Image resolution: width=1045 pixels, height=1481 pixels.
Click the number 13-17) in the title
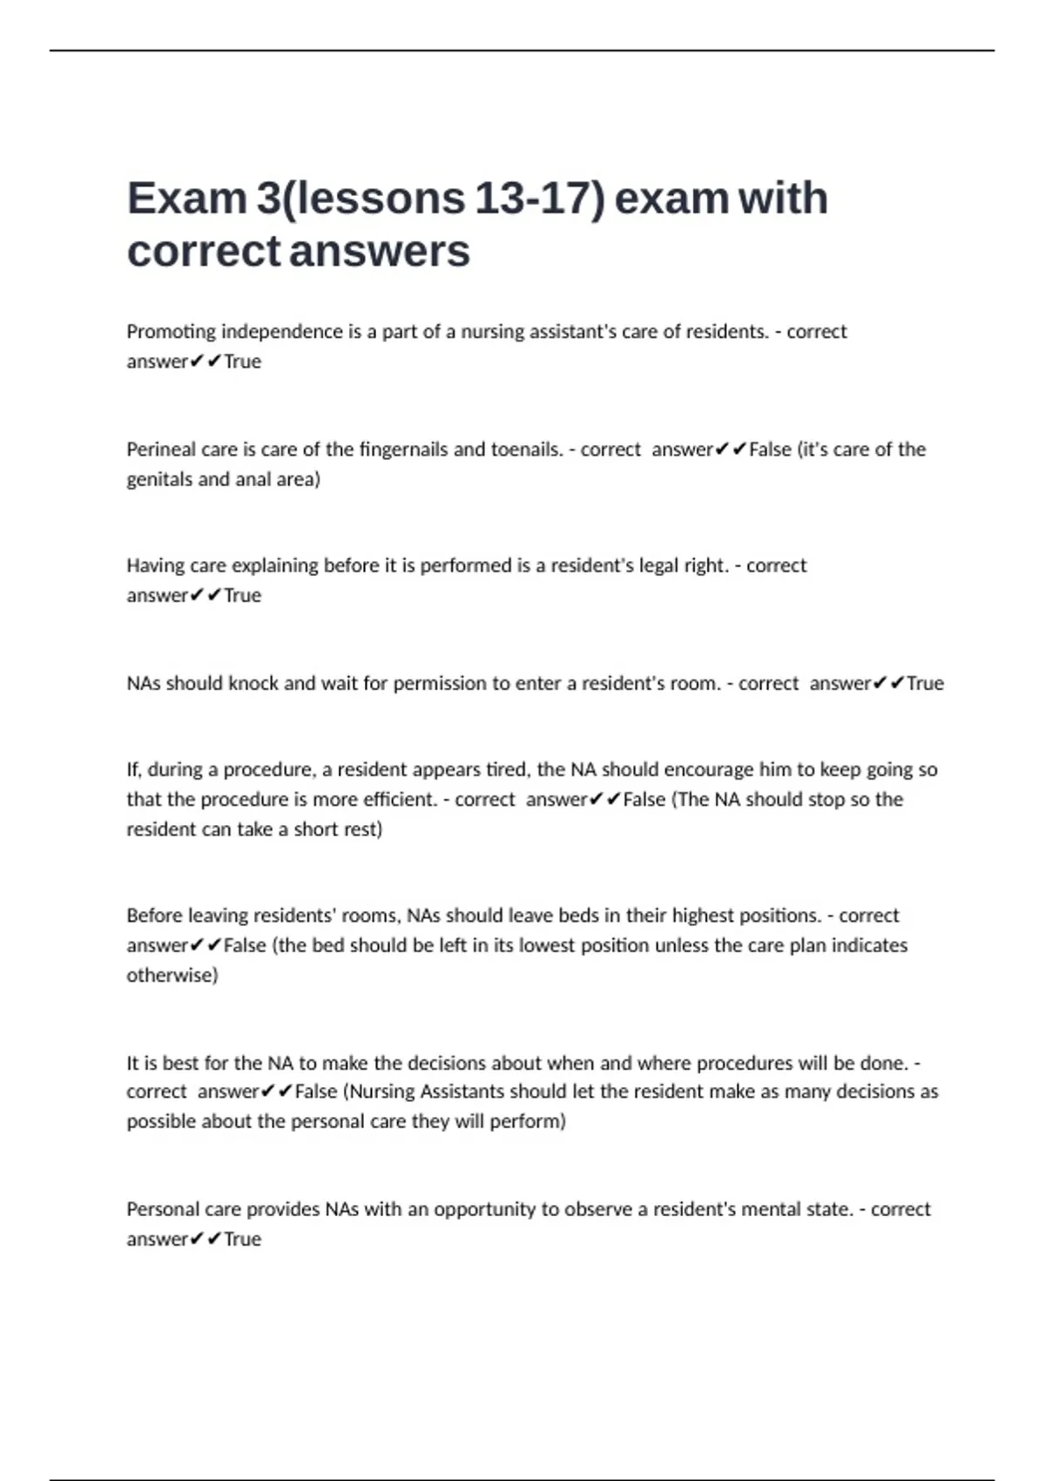click(540, 198)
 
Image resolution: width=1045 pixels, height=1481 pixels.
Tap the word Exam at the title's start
click(187, 198)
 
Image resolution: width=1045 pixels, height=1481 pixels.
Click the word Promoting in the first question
click(172, 332)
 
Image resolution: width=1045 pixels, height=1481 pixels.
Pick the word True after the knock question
click(925, 684)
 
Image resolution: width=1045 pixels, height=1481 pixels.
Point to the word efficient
click(396, 800)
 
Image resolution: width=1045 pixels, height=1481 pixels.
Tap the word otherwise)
click(172, 975)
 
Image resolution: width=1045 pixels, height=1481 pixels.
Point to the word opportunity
click(484, 1210)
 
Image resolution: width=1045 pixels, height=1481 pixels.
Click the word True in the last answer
click(242, 1240)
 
